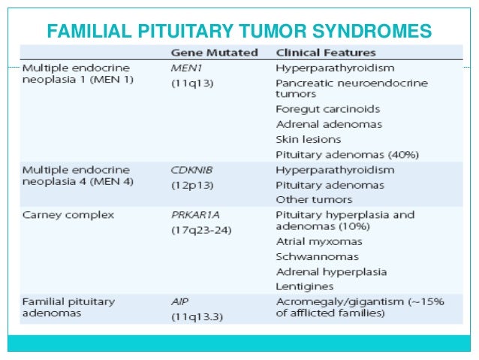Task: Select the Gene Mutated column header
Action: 214,53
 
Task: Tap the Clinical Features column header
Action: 326,53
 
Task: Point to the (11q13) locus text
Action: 191,82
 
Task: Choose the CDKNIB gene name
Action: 191,170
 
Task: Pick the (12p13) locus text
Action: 191,184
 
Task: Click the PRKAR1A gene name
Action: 195,214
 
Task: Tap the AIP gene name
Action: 180,301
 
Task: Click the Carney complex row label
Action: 68,214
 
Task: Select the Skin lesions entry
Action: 309,139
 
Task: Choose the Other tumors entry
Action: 314,199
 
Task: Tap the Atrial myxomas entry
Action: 319,242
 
